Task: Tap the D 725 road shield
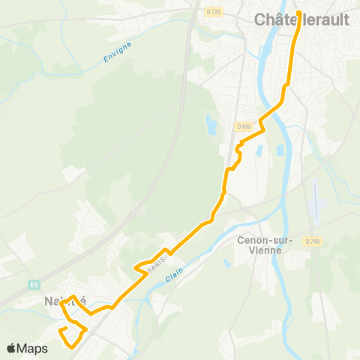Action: [213, 12]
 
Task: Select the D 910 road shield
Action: [241, 127]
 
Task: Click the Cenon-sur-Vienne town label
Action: [259, 245]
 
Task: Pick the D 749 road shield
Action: [313, 241]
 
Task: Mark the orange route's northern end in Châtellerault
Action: [298, 13]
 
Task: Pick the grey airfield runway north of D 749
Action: [316, 199]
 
